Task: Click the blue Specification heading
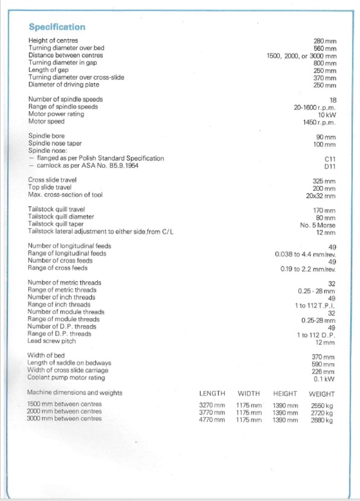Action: (57, 27)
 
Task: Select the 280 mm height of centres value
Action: (325, 41)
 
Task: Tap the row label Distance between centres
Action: (66, 55)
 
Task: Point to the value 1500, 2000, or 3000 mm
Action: (301, 56)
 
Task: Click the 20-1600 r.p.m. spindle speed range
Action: (315, 108)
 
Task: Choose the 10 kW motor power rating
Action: (327, 115)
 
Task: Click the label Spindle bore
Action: (46, 136)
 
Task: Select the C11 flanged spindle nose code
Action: (330, 159)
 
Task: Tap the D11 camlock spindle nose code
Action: (330, 166)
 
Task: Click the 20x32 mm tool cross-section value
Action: (321, 196)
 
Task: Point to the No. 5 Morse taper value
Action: (317, 225)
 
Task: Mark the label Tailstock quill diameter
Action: (61, 217)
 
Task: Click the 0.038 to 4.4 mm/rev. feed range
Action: (305, 254)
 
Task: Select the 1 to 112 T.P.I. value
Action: (315, 306)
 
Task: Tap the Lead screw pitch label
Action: (51, 341)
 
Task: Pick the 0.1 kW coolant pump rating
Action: (324, 379)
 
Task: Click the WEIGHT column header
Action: (322, 394)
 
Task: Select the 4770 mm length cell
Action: (212, 420)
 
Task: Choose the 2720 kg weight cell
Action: (322, 413)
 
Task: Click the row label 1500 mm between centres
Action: (64, 404)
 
